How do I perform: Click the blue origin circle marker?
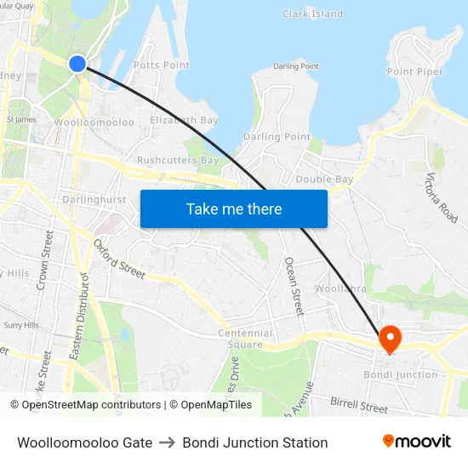tap(77, 63)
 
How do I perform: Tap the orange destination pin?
tap(390, 339)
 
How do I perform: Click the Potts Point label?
tap(162, 65)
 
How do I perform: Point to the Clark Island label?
tap(312, 14)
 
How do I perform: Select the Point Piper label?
tap(415, 71)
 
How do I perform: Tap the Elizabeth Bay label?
tap(184, 121)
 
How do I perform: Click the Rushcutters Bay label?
tap(178, 160)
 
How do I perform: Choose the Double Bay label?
tap(324, 180)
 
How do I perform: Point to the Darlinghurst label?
tap(94, 200)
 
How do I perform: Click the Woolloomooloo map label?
tap(94, 123)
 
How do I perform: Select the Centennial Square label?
tap(245, 339)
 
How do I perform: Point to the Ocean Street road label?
tap(294, 286)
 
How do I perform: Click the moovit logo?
tap(417, 442)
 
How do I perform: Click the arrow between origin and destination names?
tap(167, 442)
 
